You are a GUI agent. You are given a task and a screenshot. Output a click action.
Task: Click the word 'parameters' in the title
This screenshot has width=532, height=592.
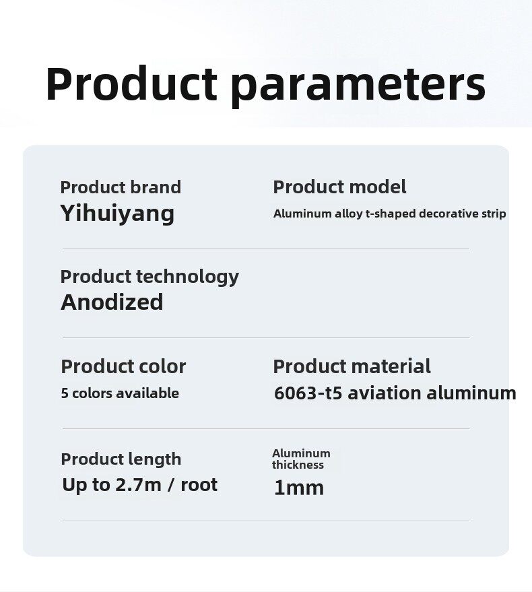coord(358,86)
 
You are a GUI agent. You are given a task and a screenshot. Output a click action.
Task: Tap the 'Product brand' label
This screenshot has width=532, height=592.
coord(121,187)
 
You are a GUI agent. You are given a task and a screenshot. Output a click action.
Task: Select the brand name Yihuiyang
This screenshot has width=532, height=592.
coord(117,214)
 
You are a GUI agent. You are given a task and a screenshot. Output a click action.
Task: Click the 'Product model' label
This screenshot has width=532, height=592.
coord(339,187)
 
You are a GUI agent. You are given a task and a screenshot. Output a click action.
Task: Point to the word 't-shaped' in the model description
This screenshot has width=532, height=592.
coord(391,213)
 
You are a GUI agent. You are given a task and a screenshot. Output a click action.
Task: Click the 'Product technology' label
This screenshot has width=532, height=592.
coord(149,277)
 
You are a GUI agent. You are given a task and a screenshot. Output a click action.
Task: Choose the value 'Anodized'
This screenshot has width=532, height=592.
coord(112,302)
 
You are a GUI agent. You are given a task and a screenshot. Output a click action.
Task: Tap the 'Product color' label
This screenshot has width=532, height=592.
coord(123,366)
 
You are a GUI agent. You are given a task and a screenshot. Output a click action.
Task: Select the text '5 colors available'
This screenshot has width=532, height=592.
coord(120,393)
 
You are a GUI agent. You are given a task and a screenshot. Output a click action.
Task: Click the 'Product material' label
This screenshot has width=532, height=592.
coord(352,366)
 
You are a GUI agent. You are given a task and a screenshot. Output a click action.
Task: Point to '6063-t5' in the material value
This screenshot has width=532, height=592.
coord(308,393)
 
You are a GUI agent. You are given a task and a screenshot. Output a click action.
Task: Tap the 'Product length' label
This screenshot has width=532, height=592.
coord(121,459)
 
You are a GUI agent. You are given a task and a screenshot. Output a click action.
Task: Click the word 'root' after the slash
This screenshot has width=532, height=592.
coord(199,485)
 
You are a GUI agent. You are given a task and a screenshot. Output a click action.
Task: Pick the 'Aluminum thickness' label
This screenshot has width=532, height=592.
coord(301,459)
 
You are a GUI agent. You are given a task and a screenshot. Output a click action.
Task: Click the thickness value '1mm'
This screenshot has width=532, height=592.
coord(298,488)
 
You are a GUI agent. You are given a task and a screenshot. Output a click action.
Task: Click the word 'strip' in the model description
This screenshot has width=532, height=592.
coord(494,214)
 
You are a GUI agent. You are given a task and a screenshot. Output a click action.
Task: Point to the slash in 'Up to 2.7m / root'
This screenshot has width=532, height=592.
coord(171,485)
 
